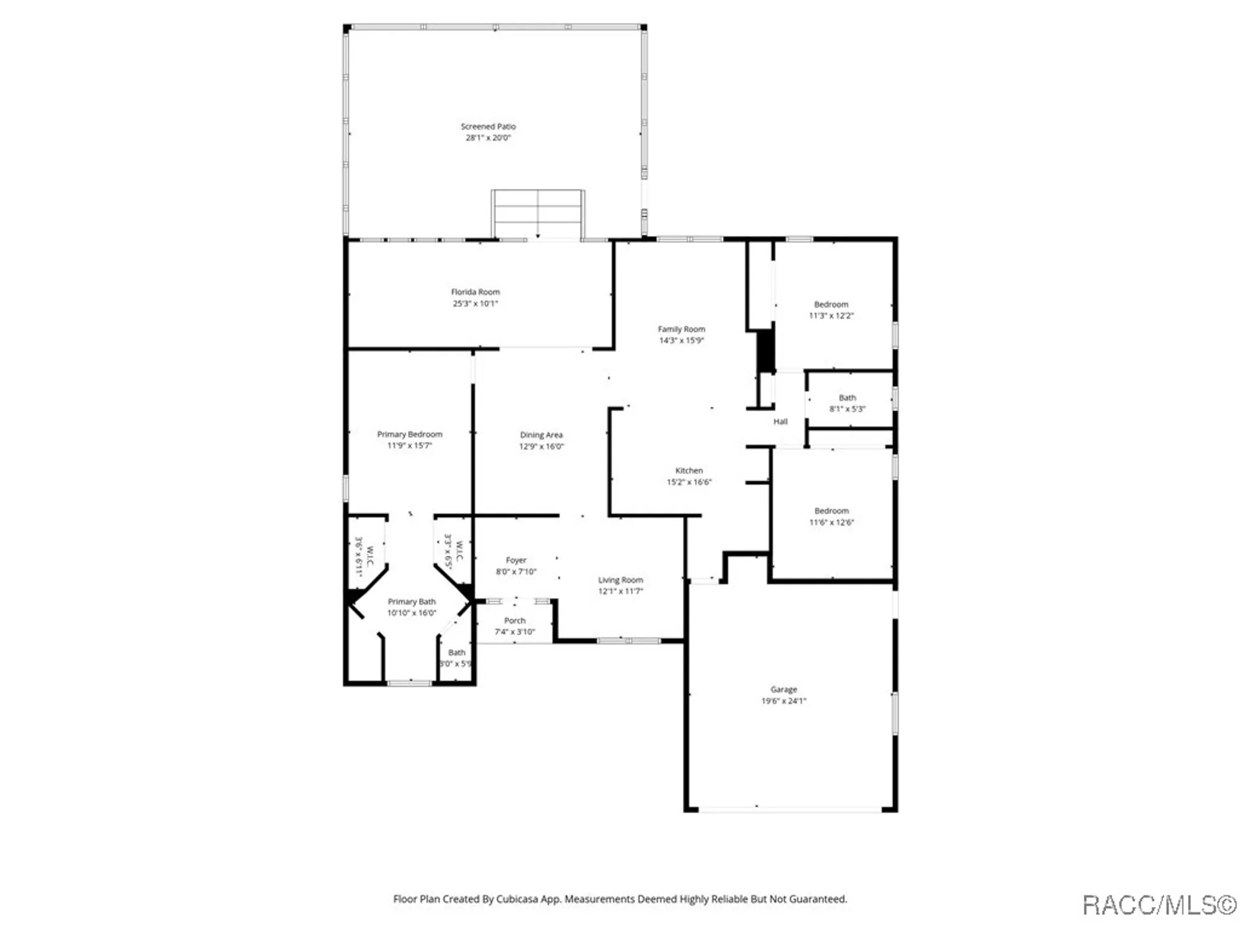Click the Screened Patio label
pyautogui.click(x=488, y=126)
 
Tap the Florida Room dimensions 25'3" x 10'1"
pyautogui.click(x=475, y=303)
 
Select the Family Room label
pyautogui.click(x=681, y=329)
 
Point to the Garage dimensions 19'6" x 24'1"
pyautogui.click(x=784, y=701)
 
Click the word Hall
pyautogui.click(x=780, y=422)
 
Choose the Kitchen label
pyautogui.click(x=689, y=471)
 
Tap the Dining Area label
pyautogui.click(x=541, y=435)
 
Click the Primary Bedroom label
pyautogui.click(x=410, y=434)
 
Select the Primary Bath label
pyautogui.click(x=412, y=601)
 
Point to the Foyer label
pyautogui.click(x=516, y=560)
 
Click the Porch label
pyautogui.click(x=515, y=621)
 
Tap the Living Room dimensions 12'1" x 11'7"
pyautogui.click(x=620, y=591)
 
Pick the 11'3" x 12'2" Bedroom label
pyautogui.click(x=831, y=304)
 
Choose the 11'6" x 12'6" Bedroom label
pyautogui.click(x=831, y=511)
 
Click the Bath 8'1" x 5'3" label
pyautogui.click(x=847, y=398)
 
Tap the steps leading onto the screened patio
pyautogui.click(x=538, y=214)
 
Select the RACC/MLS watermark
pyautogui.click(x=1159, y=905)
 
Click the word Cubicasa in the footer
pyautogui.click(x=521, y=899)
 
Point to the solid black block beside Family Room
pyautogui.click(x=766, y=350)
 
